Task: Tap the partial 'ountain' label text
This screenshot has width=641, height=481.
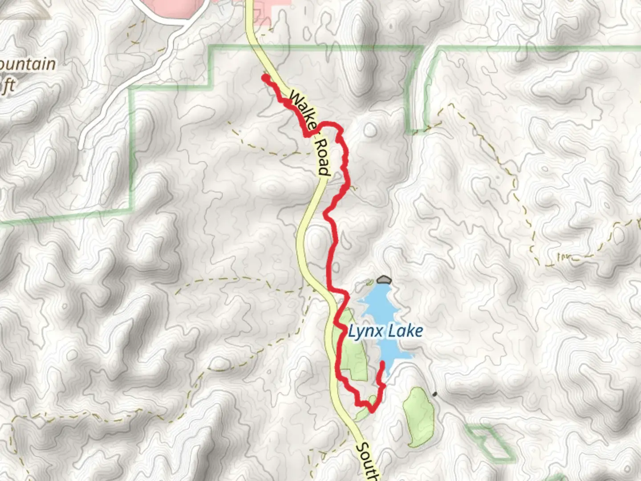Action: (28, 65)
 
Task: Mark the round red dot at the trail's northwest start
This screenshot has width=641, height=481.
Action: (265, 78)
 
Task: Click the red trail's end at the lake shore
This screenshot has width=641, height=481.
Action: (382, 364)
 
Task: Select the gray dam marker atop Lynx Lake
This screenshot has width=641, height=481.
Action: (383, 280)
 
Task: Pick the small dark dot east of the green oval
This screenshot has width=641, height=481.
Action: (434, 394)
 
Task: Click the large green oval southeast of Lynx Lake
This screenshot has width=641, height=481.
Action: (418, 416)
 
